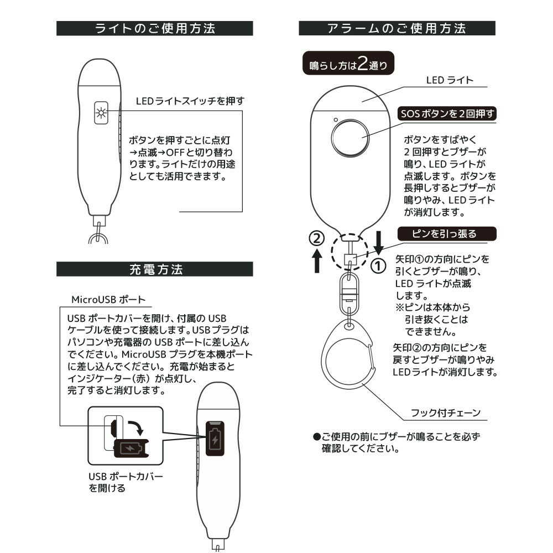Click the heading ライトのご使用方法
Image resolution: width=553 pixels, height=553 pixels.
click(155, 28)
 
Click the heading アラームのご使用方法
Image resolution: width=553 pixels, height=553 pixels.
click(397, 28)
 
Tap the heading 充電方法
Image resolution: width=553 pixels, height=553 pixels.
click(155, 269)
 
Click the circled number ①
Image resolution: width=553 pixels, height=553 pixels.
click(378, 267)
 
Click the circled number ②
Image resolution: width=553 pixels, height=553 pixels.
click(316, 238)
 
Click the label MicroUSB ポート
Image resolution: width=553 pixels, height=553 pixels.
click(108, 299)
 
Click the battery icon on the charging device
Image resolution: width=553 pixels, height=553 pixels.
click(214, 440)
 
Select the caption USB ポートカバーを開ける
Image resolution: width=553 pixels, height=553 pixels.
click(126, 482)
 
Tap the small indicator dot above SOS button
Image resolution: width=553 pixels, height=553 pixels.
click(335, 120)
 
